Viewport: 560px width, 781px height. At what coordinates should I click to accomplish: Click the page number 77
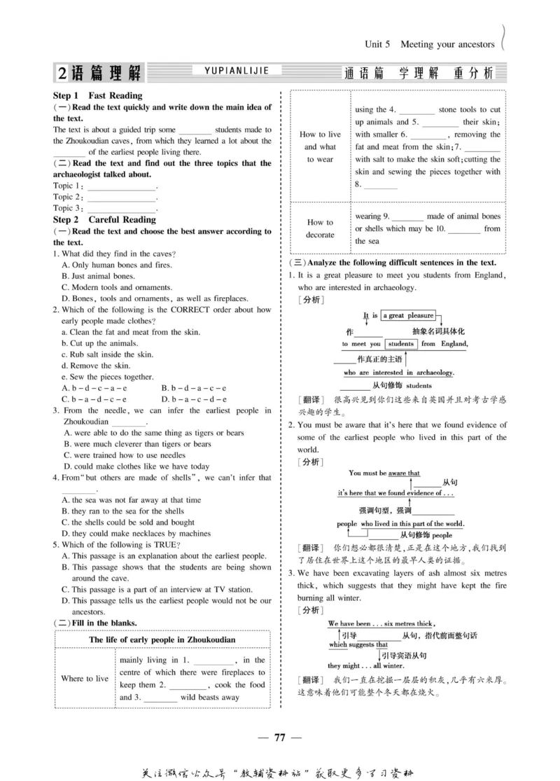pyautogui.click(x=280, y=736)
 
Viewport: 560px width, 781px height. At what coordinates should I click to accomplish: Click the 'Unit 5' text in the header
pyautogui.click(x=378, y=44)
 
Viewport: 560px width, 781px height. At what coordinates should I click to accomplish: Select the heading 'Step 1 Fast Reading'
pyautogui.click(x=97, y=95)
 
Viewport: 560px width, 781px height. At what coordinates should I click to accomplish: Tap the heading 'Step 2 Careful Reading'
pyautogui.click(x=104, y=219)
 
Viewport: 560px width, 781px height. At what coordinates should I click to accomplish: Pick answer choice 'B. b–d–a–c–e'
pyautogui.click(x=193, y=387)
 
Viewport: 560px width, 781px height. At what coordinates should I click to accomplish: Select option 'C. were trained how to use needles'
pyautogui.click(x=124, y=455)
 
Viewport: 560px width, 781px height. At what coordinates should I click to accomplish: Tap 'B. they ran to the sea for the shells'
pyautogui.click(x=122, y=511)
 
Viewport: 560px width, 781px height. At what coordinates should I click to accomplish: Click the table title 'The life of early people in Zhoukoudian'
pyautogui.click(x=162, y=640)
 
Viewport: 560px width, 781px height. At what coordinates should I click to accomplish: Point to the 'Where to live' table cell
pyautogui.click(x=85, y=678)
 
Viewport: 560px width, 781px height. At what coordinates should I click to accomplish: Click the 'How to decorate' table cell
pyautogui.click(x=320, y=228)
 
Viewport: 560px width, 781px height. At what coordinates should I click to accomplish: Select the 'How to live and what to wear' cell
pyautogui.click(x=320, y=146)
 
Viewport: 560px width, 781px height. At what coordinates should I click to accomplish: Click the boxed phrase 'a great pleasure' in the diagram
pyautogui.click(x=407, y=316)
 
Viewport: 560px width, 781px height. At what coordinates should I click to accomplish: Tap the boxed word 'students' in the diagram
pyautogui.click(x=400, y=344)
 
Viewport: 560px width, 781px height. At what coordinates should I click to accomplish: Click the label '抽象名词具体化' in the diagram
pyautogui.click(x=438, y=331)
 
